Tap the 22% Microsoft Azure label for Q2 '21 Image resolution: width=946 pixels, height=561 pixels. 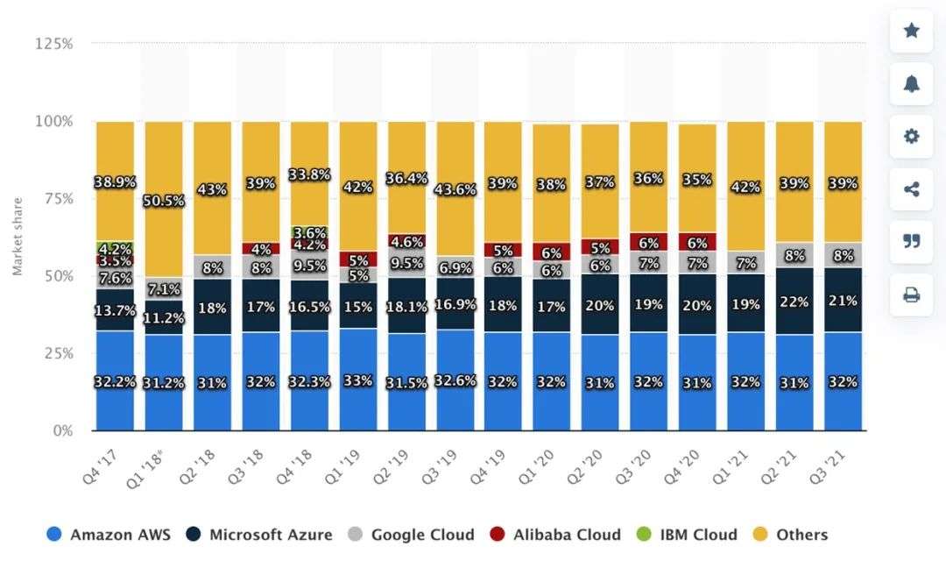[x=794, y=301]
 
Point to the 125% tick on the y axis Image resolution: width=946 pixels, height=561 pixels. [x=54, y=43]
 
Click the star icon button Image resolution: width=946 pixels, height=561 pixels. [x=911, y=31]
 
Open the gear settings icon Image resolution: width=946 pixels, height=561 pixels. [x=911, y=136]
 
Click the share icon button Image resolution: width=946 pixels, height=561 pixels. [x=911, y=188]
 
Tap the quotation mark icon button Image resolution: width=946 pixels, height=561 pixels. [x=911, y=241]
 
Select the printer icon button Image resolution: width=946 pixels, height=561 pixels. [x=911, y=295]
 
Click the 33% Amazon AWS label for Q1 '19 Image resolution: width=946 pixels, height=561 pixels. [x=357, y=381]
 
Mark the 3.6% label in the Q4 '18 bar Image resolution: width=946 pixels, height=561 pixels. [x=310, y=233]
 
